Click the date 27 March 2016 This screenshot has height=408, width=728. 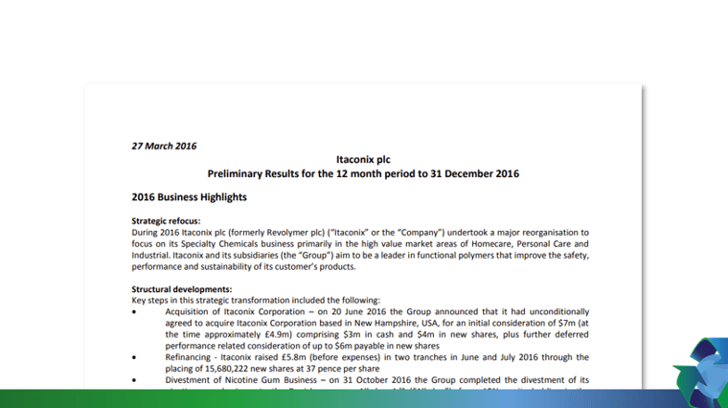164,147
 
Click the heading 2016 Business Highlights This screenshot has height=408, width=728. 189,197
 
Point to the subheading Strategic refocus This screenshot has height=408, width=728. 166,221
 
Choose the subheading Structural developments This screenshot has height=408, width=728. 181,289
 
